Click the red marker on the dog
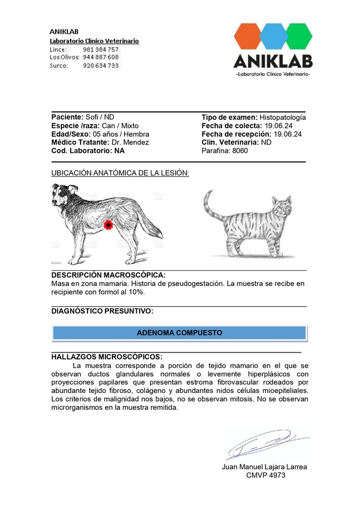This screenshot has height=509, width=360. (107, 225)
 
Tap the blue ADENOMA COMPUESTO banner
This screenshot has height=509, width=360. (179, 333)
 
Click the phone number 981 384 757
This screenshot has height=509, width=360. (101, 50)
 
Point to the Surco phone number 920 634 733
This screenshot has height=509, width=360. (101, 66)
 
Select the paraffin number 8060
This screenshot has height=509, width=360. (240, 151)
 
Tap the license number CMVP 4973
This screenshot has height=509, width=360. (266, 475)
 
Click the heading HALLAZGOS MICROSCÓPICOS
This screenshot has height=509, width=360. (107, 357)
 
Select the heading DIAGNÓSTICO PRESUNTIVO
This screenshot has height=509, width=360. (102, 311)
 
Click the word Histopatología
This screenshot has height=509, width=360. (282, 117)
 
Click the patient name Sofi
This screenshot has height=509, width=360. (92, 117)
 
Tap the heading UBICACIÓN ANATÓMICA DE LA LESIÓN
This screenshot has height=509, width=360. (120, 173)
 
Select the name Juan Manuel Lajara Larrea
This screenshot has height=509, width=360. (264, 467)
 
